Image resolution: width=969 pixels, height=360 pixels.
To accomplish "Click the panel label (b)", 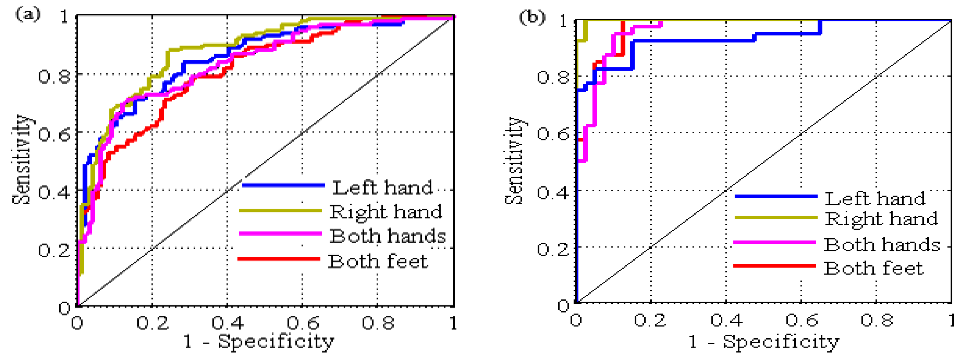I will point(531,17).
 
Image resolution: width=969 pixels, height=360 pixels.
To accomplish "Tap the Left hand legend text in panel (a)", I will point(382,187).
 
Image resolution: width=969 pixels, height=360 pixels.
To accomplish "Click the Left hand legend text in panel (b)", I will point(875,198).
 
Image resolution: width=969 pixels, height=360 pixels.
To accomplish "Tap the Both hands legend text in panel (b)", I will point(882,245).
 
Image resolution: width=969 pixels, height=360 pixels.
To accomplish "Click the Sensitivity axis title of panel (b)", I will point(514,161).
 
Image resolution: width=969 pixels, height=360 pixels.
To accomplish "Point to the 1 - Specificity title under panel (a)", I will point(259,341).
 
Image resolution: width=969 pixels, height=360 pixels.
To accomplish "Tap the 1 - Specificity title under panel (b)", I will point(764,341).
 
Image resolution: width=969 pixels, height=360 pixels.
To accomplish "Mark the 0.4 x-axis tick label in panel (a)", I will point(228,322).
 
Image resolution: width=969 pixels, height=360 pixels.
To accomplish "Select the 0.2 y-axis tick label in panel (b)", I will point(552,249).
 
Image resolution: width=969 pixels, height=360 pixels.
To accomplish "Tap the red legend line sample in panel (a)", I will point(279,259).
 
